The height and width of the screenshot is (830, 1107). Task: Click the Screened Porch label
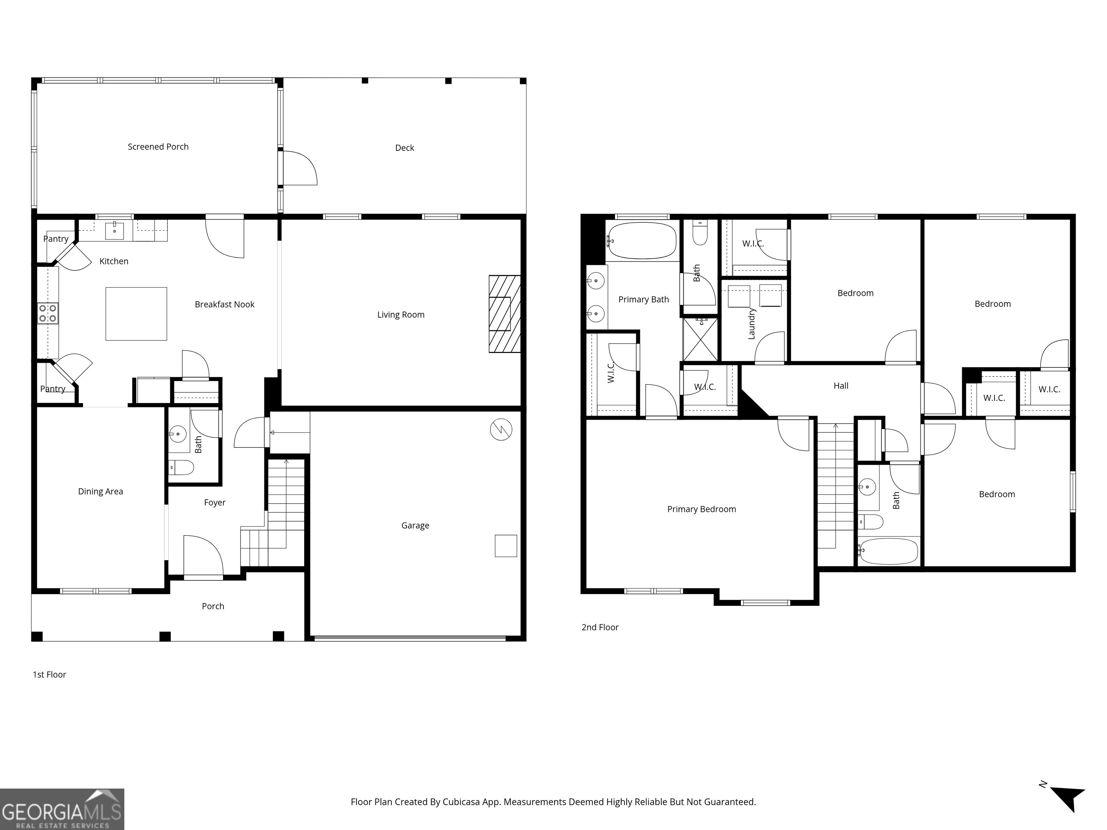point(158,147)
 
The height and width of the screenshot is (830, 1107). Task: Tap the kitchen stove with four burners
point(48,313)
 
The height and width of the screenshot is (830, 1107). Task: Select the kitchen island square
point(136,314)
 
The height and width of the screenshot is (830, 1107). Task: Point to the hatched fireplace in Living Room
point(504,314)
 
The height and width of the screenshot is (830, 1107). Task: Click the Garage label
point(415,525)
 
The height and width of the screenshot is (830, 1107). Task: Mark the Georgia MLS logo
point(62,809)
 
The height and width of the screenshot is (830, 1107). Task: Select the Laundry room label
point(751,324)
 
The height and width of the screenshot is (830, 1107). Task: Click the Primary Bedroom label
point(701,509)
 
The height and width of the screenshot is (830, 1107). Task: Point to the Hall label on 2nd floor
point(841,386)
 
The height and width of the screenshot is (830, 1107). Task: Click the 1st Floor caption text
point(49,674)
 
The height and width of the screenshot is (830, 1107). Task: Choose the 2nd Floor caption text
point(600,628)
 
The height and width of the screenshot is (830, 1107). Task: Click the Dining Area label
point(100,491)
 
